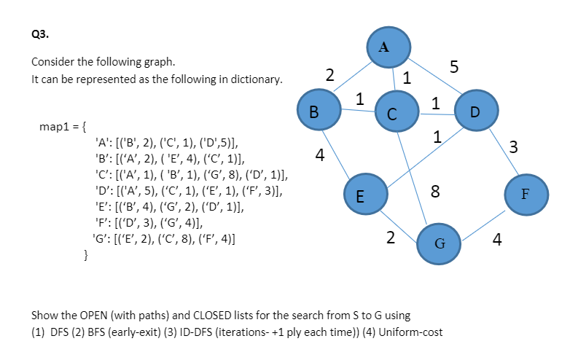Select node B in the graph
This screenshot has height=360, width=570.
pos(314,111)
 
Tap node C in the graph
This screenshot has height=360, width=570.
pos(392,113)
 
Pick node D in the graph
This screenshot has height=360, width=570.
pos(475,111)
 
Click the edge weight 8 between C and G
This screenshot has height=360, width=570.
pos(434,192)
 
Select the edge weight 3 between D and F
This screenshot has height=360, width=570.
pos(514,148)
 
